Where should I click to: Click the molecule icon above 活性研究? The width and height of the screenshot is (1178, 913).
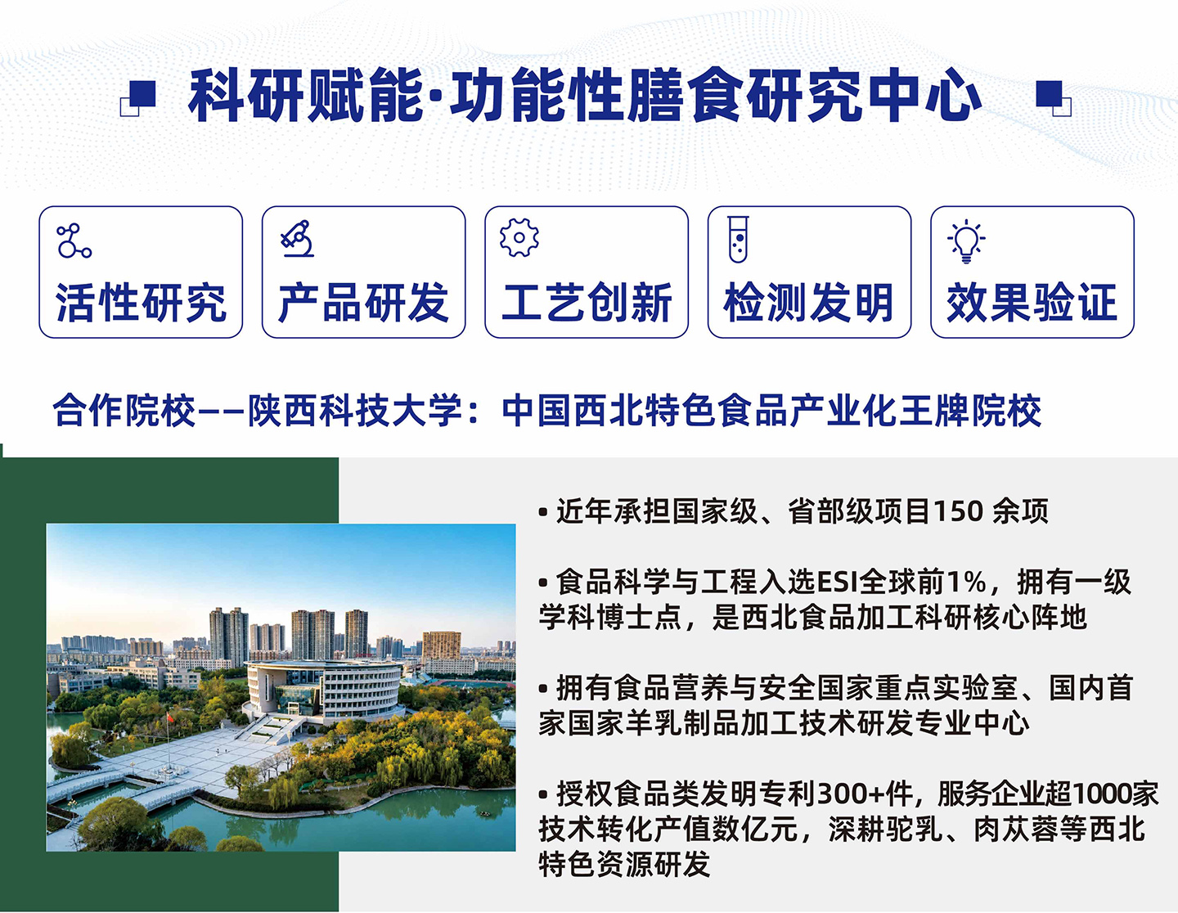coord(74,241)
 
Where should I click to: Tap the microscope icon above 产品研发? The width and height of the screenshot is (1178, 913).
coord(297,238)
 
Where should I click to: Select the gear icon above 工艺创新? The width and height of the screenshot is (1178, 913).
coord(519,237)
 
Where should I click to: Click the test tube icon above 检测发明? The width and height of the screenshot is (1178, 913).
coord(739,239)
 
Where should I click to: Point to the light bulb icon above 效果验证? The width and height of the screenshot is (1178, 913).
coord(966,241)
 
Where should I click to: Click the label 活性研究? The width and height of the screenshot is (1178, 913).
coord(141,303)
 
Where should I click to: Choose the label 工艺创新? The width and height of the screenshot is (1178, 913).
coord(587,303)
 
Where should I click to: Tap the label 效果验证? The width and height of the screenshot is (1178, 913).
coord(1032,303)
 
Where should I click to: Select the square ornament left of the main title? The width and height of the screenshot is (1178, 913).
coord(137,98)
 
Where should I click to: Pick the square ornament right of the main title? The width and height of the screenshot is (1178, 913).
coord(1054,98)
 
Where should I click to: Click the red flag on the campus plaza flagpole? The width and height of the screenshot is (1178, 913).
coord(170,717)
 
